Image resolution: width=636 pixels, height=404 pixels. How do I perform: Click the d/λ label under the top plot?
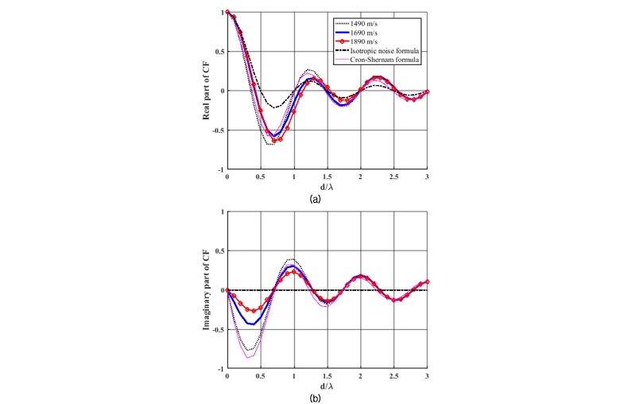[x=328, y=186]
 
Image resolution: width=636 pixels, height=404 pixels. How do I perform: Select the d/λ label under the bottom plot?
[x=328, y=386]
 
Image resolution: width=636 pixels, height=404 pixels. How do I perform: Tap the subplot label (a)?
[x=316, y=199]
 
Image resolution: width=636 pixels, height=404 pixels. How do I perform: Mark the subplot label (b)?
[x=316, y=398]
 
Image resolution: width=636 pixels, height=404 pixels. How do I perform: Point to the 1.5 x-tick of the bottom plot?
[x=328, y=376]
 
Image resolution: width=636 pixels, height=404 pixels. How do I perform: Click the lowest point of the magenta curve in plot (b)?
[x=248, y=359]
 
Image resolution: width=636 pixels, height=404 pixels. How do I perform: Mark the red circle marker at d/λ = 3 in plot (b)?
[x=428, y=282]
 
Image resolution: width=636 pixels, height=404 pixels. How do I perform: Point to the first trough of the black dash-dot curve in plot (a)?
[x=274, y=107]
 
